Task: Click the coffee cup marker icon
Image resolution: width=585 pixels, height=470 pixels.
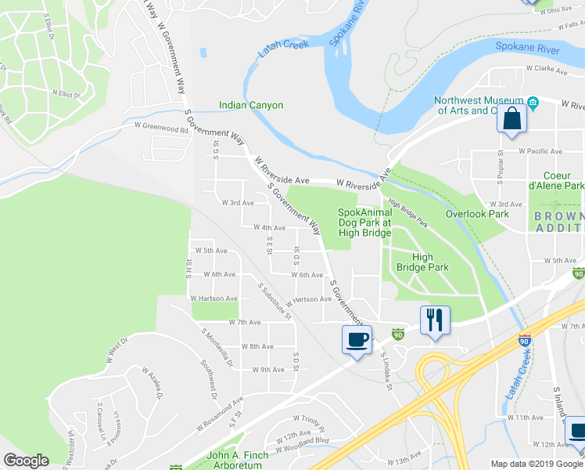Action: pos(357,339)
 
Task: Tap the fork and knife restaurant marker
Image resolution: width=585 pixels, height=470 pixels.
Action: pos(435,320)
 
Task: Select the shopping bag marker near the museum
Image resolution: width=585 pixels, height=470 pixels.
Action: pos(511,119)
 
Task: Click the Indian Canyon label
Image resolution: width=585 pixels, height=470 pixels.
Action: pos(251,105)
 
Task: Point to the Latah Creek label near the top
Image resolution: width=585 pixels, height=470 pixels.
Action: pos(279,49)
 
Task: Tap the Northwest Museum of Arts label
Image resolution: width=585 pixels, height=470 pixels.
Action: pos(479,105)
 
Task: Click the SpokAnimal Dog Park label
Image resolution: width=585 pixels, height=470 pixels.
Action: pos(364,217)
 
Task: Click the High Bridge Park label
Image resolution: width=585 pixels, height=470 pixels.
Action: pos(422,262)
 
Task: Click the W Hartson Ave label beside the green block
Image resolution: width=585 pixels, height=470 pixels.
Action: pos(214,298)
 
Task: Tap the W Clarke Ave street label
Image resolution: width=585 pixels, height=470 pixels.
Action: pos(546,68)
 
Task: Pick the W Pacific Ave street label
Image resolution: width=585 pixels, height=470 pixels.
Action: pos(540,151)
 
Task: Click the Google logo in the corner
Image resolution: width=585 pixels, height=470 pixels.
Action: pos(27,461)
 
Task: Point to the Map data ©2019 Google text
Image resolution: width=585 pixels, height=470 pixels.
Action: pos(536,464)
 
